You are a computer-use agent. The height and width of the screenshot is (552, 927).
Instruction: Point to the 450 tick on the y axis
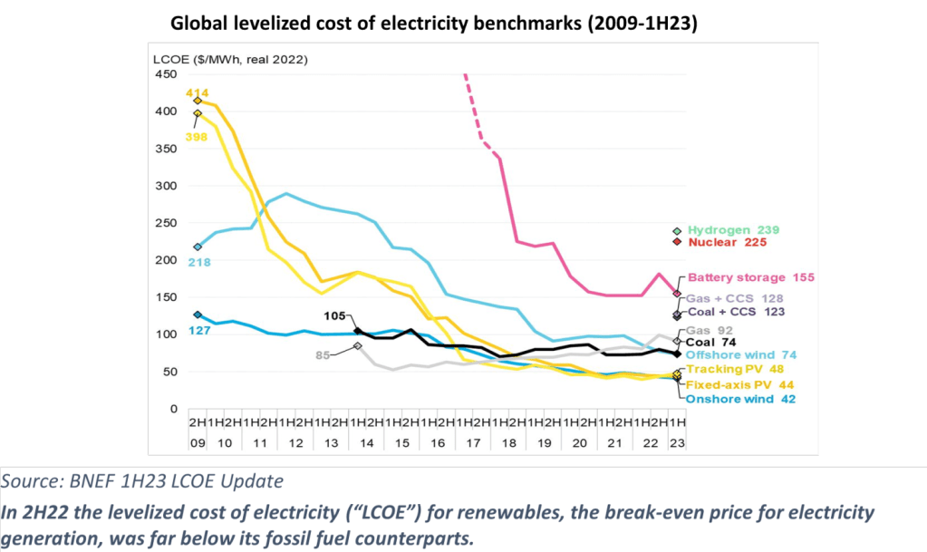tap(166, 74)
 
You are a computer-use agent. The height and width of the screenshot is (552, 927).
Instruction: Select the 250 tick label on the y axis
tap(166, 223)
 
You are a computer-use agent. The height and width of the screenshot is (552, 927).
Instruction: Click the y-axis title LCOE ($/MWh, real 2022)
tap(229, 60)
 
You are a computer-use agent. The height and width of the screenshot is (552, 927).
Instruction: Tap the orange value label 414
tap(198, 92)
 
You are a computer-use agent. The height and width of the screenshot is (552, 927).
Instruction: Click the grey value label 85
tap(322, 355)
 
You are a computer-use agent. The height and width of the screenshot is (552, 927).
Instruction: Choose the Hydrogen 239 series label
tap(733, 230)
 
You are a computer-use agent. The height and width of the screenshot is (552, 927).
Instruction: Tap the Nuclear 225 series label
tap(727, 242)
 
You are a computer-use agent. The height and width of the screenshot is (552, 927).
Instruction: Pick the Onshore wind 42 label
tap(739, 399)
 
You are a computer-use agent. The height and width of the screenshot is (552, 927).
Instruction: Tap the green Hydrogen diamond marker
tap(676, 230)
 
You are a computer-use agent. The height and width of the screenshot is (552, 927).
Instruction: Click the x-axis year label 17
tap(470, 444)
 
